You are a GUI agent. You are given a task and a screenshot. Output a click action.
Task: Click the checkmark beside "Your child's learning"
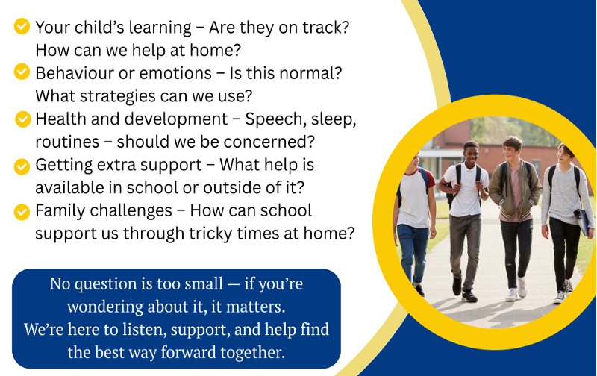click(x=22, y=26)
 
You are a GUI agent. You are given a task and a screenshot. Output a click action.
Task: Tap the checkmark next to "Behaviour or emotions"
click(x=22, y=72)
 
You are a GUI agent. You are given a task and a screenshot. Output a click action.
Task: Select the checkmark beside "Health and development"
click(x=23, y=119)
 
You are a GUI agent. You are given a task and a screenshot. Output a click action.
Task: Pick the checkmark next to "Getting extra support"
click(x=22, y=166)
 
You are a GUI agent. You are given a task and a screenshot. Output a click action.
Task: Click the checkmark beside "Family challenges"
click(x=22, y=212)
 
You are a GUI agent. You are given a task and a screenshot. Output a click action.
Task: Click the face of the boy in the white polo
click(x=471, y=153)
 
